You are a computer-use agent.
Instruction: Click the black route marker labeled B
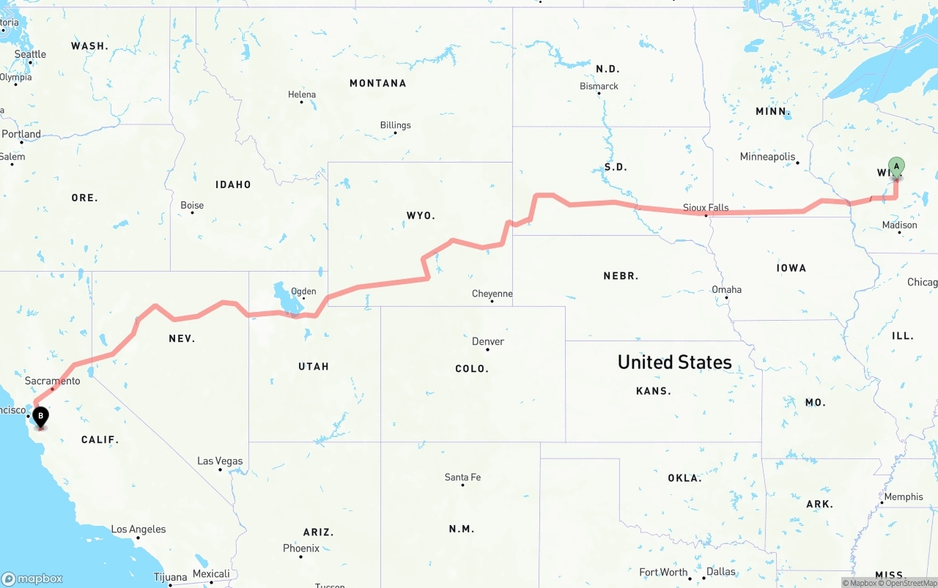pyautogui.click(x=41, y=417)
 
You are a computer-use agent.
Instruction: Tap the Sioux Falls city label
pyautogui.click(x=706, y=207)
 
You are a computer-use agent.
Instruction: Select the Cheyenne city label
pyautogui.click(x=492, y=294)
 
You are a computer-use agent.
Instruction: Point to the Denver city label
pyautogui.click(x=488, y=341)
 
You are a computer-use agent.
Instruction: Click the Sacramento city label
pyautogui.click(x=52, y=381)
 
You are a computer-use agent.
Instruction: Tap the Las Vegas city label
pyautogui.click(x=220, y=461)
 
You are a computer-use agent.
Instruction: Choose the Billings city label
pyautogui.click(x=395, y=125)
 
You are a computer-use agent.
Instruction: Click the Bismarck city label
pyautogui.click(x=599, y=86)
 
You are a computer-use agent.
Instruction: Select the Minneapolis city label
pyautogui.click(x=767, y=157)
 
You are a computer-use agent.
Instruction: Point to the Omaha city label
pyautogui.click(x=726, y=289)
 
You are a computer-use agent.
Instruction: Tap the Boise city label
pyautogui.click(x=192, y=205)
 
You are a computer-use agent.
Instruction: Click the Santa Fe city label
pyautogui.click(x=462, y=477)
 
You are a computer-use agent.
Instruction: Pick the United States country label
pyautogui.click(x=674, y=362)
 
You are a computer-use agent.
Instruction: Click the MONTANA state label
pyautogui.click(x=377, y=83)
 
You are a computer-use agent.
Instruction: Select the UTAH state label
pyautogui.click(x=314, y=366)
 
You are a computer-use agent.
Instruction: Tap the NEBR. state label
pyautogui.click(x=621, y=276)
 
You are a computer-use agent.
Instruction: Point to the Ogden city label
pyautogui.click(x=303, y=291)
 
